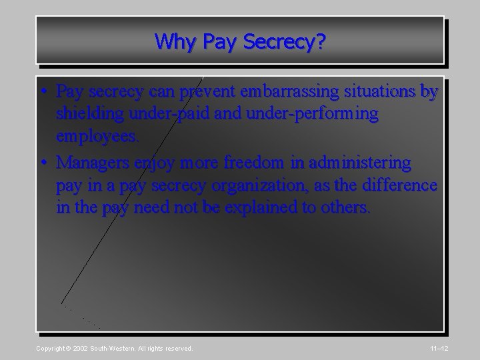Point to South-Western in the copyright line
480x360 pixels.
113,349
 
